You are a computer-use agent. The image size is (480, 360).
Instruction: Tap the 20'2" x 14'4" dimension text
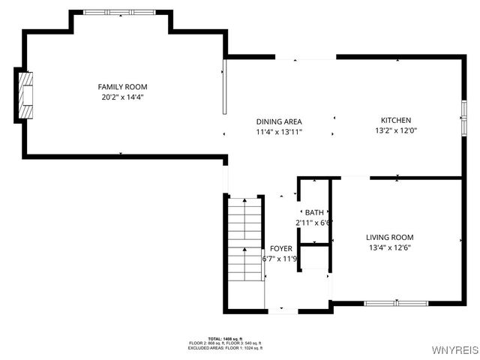point(121,97)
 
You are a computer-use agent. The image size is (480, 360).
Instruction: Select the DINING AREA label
point(279,121)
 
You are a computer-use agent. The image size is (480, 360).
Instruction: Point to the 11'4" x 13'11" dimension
point(279,131)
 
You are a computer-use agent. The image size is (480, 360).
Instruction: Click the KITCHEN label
point(396,120)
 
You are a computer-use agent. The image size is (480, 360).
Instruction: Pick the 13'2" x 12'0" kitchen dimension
point(396,130)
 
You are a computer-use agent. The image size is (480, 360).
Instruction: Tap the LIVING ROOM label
point(390,238)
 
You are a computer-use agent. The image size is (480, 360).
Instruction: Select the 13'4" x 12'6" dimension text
point(390,248)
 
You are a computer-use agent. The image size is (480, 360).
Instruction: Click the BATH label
point(313,213)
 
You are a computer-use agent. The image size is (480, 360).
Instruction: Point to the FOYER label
point(280,249)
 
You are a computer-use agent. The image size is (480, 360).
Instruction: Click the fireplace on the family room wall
point(26,95)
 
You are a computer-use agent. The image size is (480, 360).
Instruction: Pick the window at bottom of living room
point(395,302)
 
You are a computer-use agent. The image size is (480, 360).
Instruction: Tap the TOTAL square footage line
point(225,339)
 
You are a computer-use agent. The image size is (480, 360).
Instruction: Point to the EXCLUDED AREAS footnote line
point(225,348)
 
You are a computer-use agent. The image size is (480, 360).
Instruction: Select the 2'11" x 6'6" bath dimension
point(313,223)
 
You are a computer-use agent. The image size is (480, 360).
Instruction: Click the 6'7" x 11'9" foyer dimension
point(280,259)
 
